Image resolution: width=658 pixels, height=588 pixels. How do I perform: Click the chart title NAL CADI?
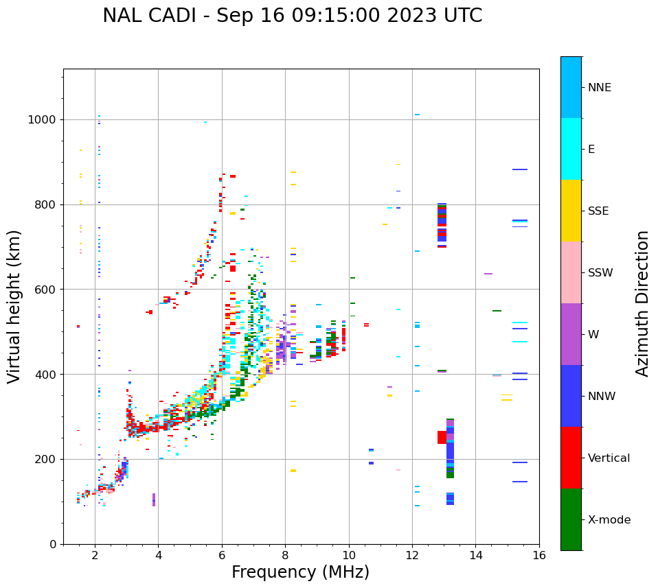(292, 16)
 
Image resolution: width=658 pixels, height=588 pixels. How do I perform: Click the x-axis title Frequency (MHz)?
(300, 572)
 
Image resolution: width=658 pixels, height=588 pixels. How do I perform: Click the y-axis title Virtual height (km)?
(14, 306)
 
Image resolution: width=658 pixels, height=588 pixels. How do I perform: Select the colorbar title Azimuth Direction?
(642, 303)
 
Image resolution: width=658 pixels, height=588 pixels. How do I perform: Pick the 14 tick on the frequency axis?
(475, 555)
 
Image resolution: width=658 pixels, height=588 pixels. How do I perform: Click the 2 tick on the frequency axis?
(95, 555)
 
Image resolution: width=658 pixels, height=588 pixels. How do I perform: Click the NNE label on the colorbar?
(599, 88)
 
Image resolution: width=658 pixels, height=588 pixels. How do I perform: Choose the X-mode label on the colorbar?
(609, 520)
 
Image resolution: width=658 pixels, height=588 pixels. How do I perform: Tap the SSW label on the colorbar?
(600, 273)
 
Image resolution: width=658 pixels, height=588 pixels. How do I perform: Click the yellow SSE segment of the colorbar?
(571, 211)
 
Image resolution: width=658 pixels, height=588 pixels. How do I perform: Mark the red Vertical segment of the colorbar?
(571, 458)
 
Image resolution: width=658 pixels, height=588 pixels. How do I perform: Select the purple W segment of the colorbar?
(571, 334)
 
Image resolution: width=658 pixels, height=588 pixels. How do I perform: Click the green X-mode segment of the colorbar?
(571, 519)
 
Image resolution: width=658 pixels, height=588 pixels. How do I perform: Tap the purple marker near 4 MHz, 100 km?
(154, 499)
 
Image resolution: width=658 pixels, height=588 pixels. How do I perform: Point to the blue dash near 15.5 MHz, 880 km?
(519, 169)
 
